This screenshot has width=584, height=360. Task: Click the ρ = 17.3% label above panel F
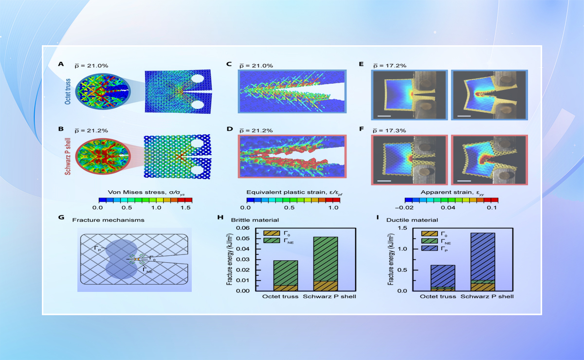coord(389,130)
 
